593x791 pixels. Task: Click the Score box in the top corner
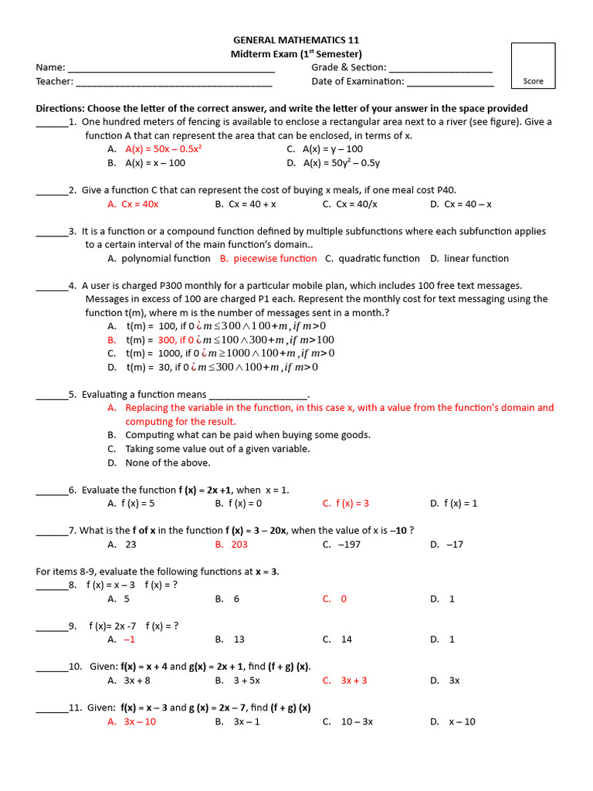[x=533, y=66]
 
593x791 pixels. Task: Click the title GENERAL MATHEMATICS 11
[x=296, y=40]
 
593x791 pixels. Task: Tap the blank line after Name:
[x=171, y=68]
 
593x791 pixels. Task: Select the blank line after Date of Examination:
[x=450, y=82]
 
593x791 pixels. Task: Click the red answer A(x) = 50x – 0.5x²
[x=162, y=149]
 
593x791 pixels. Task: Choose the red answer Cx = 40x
[x=140, y=204]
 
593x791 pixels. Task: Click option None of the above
[x=168, y=463]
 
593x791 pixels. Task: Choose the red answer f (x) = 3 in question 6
[x=352, y=504]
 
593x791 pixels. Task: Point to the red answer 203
[x=239, y=545]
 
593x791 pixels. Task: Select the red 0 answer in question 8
[x=344, y=599]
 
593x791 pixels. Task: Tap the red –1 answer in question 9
[x=129, y=640]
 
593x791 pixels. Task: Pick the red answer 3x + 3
[x=354, y=681]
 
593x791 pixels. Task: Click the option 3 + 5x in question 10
[x=246, y=681]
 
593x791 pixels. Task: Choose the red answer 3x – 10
[x=140, y=721]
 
